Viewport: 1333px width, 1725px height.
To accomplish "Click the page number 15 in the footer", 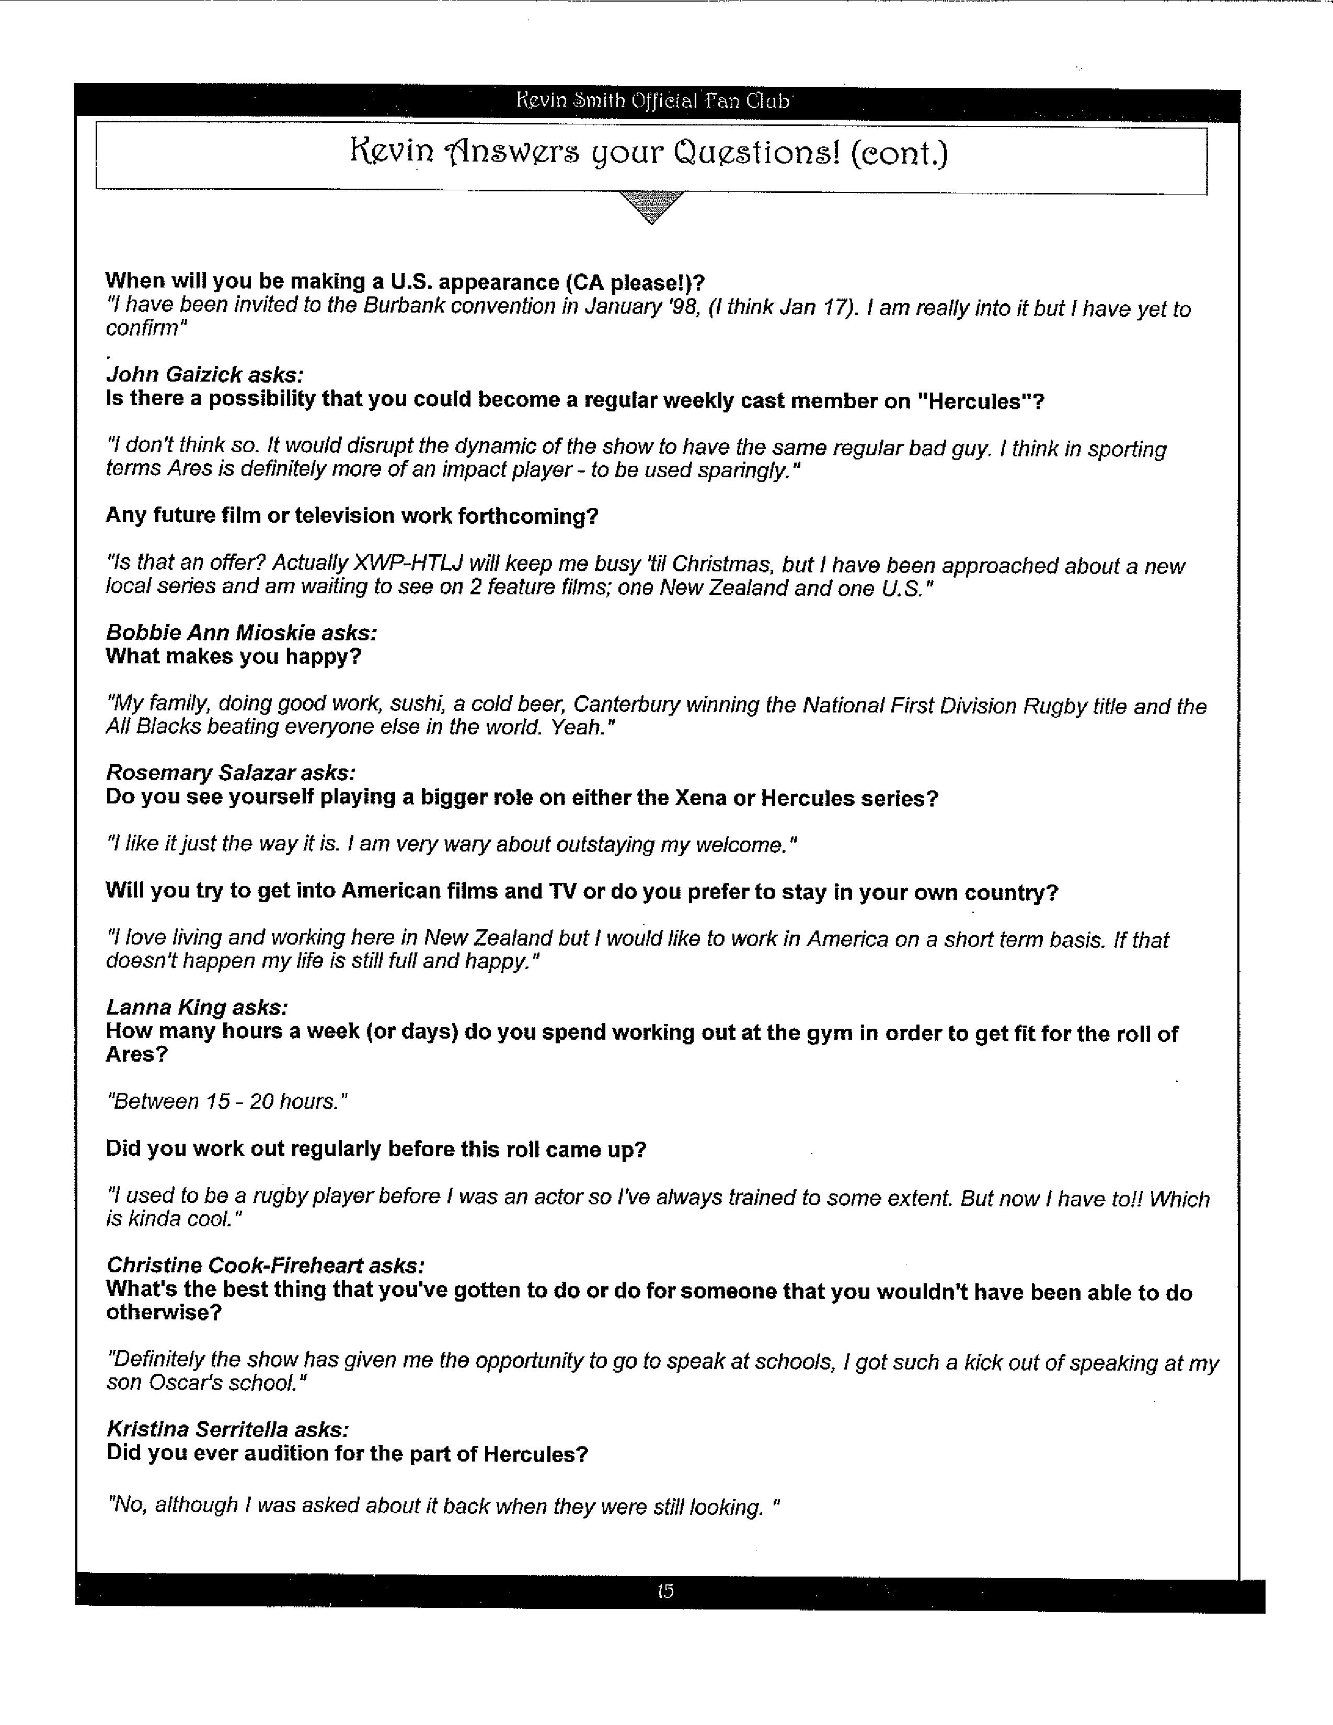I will coord(665,1591).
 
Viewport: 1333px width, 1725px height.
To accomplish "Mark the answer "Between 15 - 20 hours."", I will coord(227,1101).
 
